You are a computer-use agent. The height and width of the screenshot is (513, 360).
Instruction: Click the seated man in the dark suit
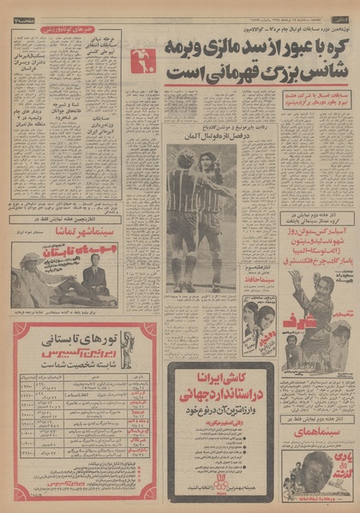(x=95, y=277)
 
